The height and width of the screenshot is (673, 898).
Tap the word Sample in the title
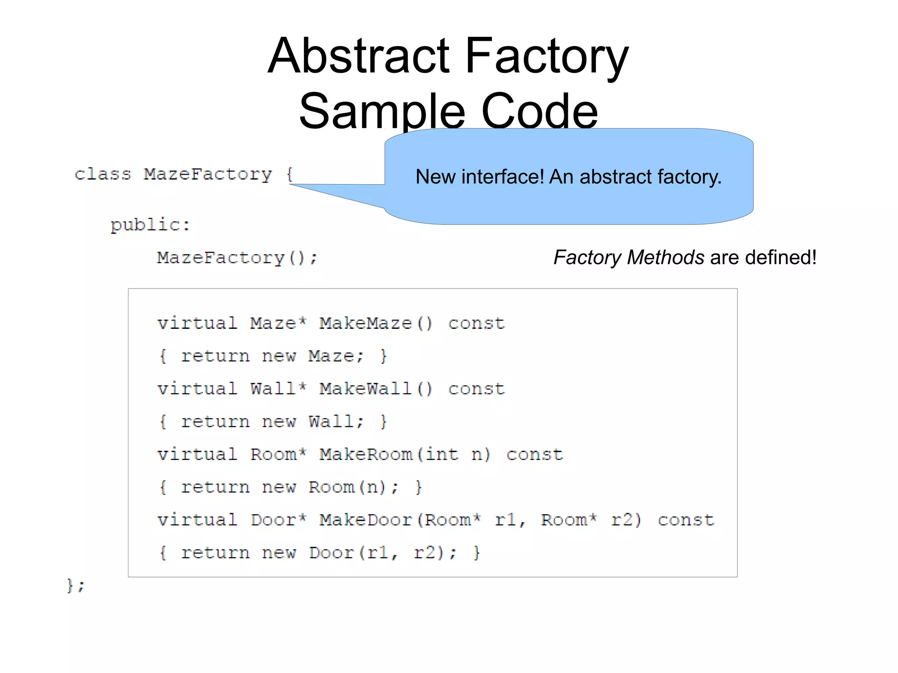(x=381, y=111)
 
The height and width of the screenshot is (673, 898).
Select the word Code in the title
(x=539, y=111)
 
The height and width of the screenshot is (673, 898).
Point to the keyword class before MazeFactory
(x=103, y=174)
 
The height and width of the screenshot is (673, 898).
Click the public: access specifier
(x=150, y=225)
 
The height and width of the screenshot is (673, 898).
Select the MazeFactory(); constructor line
(x=237, y=258)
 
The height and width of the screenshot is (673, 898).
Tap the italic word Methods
(x=665, y=257)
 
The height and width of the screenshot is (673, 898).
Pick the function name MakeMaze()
(x=376, y=324)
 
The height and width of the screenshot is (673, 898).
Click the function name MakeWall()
(x=376, y=389)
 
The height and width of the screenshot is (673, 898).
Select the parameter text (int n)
(x=453, y=455)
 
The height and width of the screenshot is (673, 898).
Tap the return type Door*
(x=278, y=520)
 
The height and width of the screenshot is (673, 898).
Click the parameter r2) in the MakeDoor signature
(x=626, y=520)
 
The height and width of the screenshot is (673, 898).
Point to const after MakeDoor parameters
(x=686, y=520)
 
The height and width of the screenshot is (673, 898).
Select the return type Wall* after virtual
(x=278, y=389)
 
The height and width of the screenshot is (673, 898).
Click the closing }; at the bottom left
(x=75, y=585)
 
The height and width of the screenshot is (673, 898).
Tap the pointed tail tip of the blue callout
(x=291, y=185)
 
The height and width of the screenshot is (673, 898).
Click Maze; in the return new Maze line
(x=336, y=356)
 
